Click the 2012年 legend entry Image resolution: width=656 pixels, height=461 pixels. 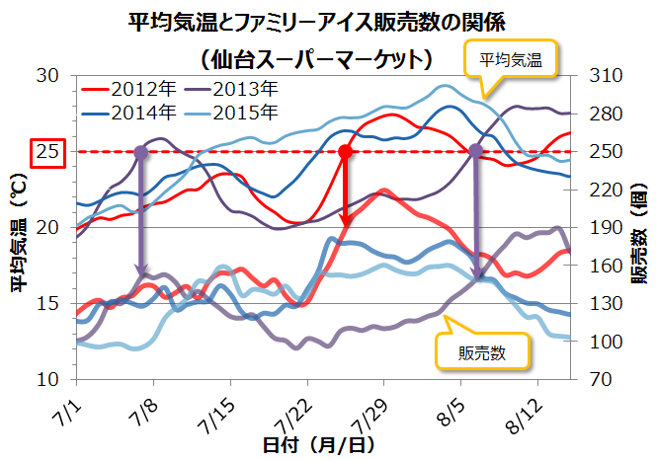[x=129, y=88]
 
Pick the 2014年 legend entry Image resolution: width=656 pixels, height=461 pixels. [x=129, y=112]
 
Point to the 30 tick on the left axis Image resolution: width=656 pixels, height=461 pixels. [x=48, y=76]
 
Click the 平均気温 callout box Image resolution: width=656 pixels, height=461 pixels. [x=512, y=60]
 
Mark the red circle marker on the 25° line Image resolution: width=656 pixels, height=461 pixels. [x=346, y=152]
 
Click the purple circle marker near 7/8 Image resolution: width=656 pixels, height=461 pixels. [x=140, y=152]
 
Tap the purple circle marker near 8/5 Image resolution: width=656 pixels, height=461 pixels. [x=476, y=152]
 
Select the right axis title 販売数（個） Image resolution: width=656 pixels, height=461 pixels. [x=639, y=228]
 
